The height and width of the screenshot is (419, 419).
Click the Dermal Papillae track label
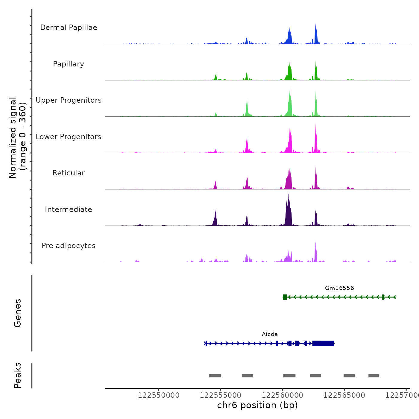pos(69,28)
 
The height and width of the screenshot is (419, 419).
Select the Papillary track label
pos(69,64)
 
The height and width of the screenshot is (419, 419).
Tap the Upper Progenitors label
pos(69,100)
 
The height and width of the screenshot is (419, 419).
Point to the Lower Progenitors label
pos(69,137)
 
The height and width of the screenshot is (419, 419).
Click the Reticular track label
pos(69,173)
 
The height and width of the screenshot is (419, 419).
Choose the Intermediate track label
pos(69,209)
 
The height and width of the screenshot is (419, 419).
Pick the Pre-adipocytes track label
pos(69,246)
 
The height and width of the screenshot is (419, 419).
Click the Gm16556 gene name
pos(339,288)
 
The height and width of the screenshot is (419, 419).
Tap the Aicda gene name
pos(270,334)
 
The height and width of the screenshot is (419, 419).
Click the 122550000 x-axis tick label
pos(159,395)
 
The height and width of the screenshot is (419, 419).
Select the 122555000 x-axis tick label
pos(221,395)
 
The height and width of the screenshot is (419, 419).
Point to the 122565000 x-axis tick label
pos(344,395)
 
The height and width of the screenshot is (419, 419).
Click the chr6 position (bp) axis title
pos(257,405)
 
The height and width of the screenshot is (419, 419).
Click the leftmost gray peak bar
pos(215,376)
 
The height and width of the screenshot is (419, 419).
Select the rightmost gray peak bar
pos(374,376)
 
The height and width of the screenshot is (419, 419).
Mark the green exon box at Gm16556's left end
pos(285,297)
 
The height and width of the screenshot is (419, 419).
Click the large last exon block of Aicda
pos(323,343)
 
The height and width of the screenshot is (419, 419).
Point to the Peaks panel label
pos(17,375)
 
